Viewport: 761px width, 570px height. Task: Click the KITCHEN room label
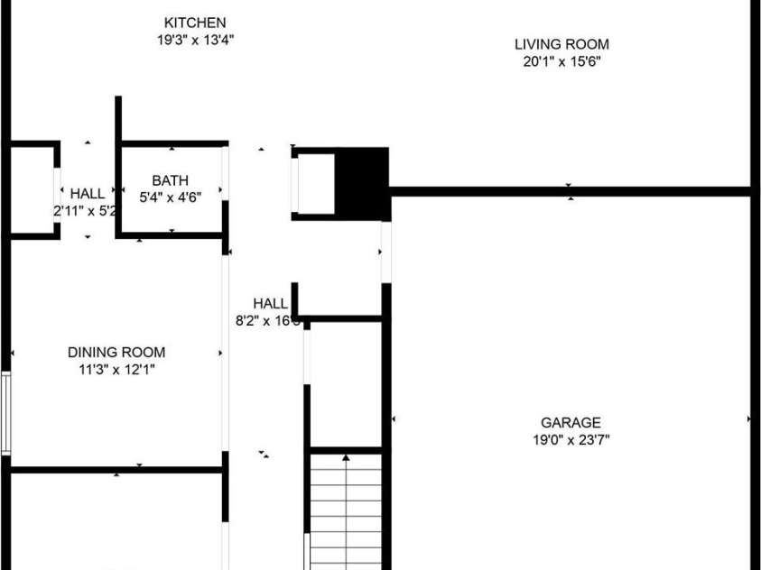click(195, 23)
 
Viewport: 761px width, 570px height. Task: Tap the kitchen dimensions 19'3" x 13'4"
click(195, 40)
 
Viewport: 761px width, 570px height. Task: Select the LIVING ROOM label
click(561, 44)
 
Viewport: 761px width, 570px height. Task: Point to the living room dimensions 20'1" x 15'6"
click(561, 61)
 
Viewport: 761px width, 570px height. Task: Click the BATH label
click(170, 180)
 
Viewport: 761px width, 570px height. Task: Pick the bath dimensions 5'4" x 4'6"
click(170, 198)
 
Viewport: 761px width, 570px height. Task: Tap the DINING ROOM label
click(116, 353)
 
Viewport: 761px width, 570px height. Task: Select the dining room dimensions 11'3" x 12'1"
click(116, 370)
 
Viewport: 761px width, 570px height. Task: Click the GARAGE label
click(571, 422)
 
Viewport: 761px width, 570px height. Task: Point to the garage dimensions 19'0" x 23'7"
click(571, 439)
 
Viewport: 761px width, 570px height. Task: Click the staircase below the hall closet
click(347, 514)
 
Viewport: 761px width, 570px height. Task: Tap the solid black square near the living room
click(362, 183)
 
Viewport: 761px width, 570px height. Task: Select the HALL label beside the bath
click(88, 193)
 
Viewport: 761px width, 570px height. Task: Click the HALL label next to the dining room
click(270, 304)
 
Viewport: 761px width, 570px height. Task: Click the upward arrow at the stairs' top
click(347, 458)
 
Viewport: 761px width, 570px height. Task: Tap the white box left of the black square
click(316, 184)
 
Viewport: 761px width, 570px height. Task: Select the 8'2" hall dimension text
click(267, 321)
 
